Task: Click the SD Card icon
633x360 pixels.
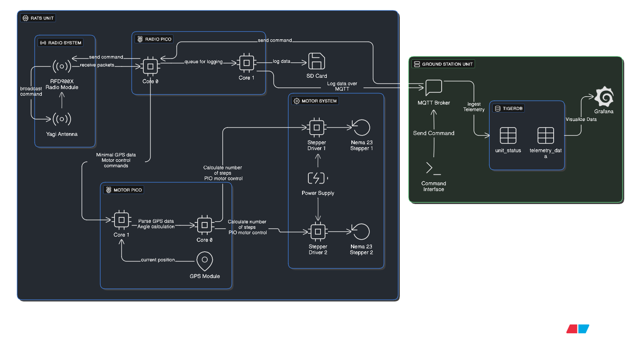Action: point(316,61)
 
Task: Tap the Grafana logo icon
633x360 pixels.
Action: point(604,97)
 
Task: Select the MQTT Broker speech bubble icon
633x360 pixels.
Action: point(433,88)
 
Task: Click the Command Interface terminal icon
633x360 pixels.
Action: point(433,168)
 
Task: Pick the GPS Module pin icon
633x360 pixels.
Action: point(205,261)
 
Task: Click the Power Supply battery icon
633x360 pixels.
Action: point(318,178)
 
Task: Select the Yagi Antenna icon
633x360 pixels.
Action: point(62,119)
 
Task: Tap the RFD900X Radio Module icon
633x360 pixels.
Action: point(62,66)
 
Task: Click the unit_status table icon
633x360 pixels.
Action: point(508,135)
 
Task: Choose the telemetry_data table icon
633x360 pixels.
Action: point(545,135)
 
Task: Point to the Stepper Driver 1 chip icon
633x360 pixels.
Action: point(317,128)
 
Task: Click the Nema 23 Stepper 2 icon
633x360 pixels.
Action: point(361,232)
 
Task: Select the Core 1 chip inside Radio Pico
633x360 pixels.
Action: point(247,63)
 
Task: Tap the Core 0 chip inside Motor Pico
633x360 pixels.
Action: point(204,225)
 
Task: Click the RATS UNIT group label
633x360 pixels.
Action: point(38,18)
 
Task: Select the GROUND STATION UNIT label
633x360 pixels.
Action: point(443,64)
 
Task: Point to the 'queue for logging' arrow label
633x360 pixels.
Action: point(203,62)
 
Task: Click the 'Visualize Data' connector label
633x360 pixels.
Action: point(581,120)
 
